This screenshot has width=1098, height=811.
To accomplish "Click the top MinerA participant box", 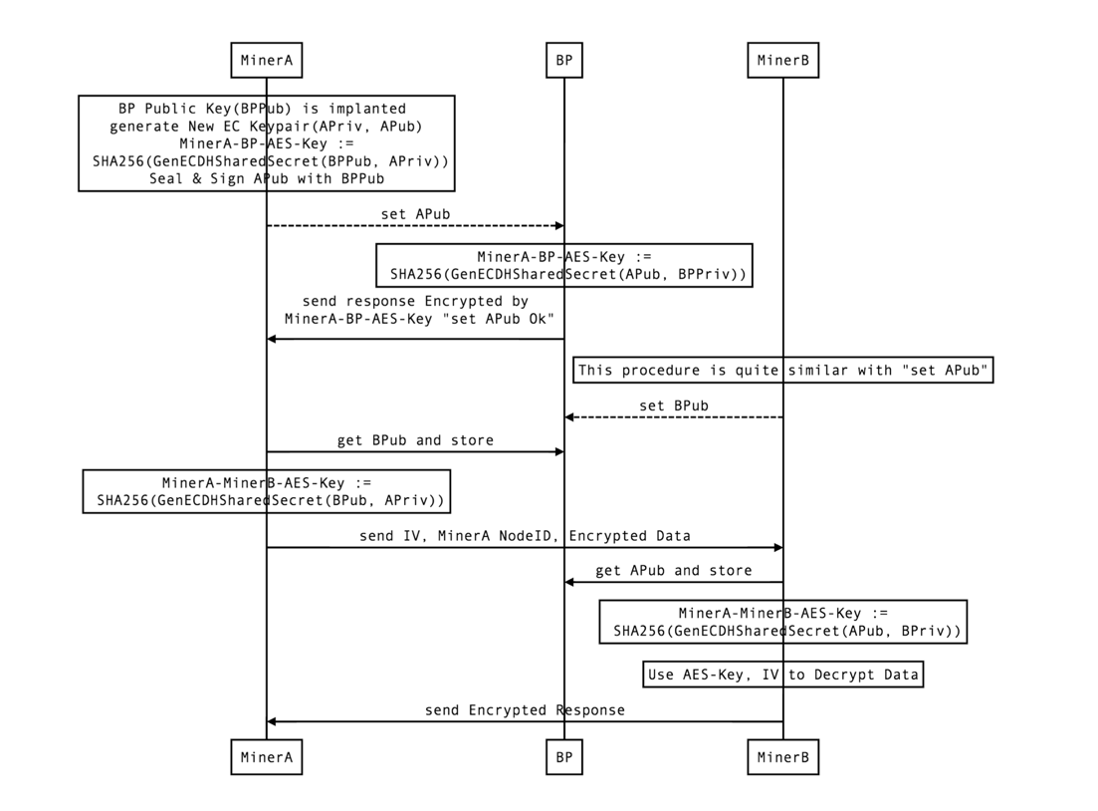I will click(x=266, y=61).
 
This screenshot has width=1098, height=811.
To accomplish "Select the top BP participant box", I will click(x=564, y=61).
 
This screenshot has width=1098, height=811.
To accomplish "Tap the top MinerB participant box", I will click(x=782, y=61).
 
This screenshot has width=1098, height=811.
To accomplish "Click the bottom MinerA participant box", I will click(x=266, y=757).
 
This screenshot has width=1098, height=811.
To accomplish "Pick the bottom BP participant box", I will click(x=564, y=757).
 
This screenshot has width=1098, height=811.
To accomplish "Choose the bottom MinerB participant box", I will click(x=782, y=757).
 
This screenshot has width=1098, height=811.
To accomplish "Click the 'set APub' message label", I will click(x=415, y=214).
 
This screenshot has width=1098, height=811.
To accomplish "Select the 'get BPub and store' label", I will click(x=415, y=439).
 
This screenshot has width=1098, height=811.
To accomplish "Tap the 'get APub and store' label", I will click(x=674, y=571).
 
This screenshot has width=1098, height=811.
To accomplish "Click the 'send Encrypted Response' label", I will click(x=525, y=710).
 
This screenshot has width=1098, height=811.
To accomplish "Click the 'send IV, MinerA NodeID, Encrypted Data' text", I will click(x=525, y=536).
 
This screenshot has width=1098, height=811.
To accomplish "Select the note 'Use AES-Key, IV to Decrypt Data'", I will click(x=782, y=675).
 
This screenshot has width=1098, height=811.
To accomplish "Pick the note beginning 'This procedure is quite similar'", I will click(x=782, y=371).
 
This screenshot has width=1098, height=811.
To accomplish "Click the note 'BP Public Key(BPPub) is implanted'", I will click(x=266, y=108).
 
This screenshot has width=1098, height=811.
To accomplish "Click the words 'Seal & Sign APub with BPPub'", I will click(x=266, y=178).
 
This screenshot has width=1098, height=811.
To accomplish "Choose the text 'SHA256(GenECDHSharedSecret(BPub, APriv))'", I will click(x=271, y=500).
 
